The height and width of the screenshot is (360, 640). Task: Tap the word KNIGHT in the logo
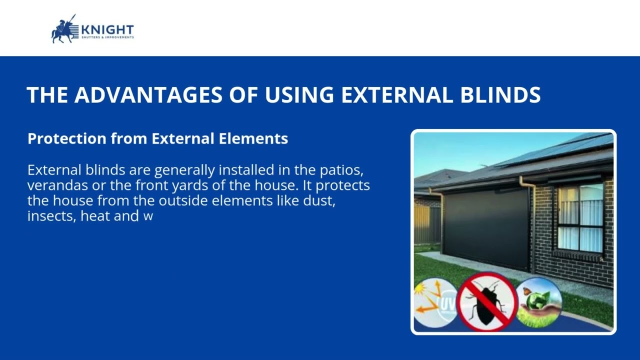pos(107,29)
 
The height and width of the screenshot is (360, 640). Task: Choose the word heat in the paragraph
pos(95,216)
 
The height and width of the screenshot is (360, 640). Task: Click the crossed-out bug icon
pos(486,302)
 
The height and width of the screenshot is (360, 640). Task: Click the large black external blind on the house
pos(486,227)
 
